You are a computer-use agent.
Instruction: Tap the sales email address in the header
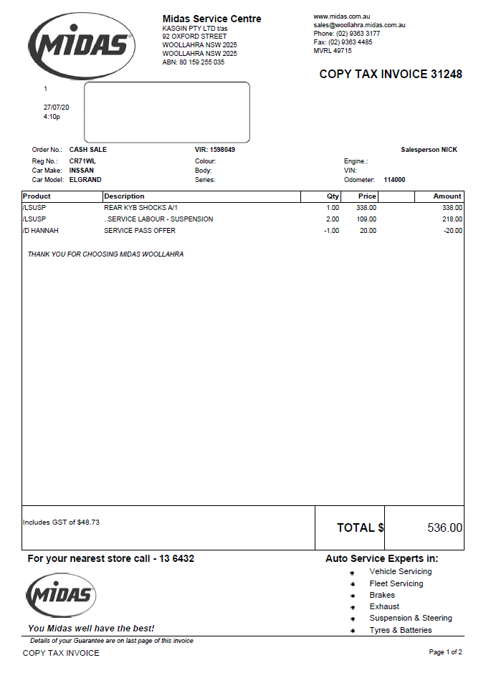click(x=359, y=25)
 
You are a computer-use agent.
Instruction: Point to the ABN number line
click(x=194, y=62)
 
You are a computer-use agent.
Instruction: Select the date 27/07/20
click(x=57, y=107)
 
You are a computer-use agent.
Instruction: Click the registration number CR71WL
click(x=82, y=161)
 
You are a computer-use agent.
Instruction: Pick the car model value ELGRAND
click(x=85, y=180)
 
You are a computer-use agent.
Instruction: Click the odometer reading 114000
click(x=394, y=180)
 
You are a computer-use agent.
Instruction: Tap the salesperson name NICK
click(x=449, y=150)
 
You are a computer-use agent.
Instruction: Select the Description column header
click(x=124, y=196)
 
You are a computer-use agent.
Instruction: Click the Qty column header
click(x=333, y=196)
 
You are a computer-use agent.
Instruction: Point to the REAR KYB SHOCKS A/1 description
click(x=141, y=208)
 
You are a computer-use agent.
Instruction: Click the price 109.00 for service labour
click(x=366, y=219)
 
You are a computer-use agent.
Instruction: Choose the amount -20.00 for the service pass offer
click(x=452, y=231)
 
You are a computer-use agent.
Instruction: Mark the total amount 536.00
click(x=444, y=528)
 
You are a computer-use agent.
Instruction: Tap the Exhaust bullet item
click(x=384, y=606)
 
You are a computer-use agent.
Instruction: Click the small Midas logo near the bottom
click(x=61, y=595)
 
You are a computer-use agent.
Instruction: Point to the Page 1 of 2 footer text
click(x=445, y=652)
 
